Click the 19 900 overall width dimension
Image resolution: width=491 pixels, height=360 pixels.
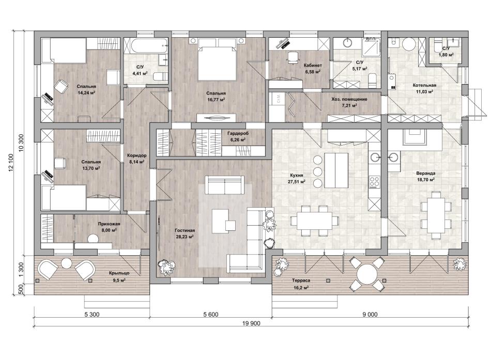pyautogui.click(x=251, y=323)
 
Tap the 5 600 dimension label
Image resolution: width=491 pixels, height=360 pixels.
pyautogui.click(x=210, y=315)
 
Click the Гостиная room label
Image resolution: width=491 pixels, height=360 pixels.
pyautogui.click(x=185, y=230)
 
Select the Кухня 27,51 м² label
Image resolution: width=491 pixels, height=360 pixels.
pyautogui.click(x=297, y=178)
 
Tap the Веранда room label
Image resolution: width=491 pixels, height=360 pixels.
pyautogui.click(x=425, y=173)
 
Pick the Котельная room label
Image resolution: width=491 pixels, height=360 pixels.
pyautogui.click(x=424, y=85)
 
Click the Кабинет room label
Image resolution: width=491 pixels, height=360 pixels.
pyautogui.click(x=313, y=66)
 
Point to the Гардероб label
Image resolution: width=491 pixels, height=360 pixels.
pyautogui.click(x=238, y=133)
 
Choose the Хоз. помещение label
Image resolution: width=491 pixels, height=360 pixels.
pyautogui.click(x=349, y=99)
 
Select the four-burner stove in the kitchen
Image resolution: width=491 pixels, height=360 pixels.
pyautogui.click(x=375, y=182)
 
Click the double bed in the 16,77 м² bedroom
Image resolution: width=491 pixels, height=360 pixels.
pyautogui.click(x=217, y=59)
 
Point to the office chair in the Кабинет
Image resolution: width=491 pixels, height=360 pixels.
pyautogui.click(x=292, y=58)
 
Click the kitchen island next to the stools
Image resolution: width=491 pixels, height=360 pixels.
pyautogui.click(x=336, y=169)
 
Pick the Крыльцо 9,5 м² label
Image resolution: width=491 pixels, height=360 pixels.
pyautogui.click(x=119, y=277)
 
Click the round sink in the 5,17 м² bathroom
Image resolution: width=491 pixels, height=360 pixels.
pyautogui.click(x=348, y=42)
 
